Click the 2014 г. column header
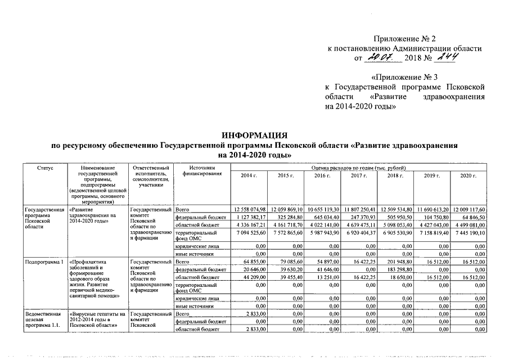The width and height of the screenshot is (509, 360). pyautogui.click(x=249, y=176)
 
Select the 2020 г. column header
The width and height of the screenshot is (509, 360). pyautogui.click(x=468, y=176)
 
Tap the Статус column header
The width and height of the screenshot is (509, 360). pyautogui.click(x=44, y=168)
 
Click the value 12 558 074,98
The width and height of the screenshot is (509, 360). pyautogui.click(x=248, y=209)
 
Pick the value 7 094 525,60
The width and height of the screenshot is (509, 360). pyautogui.click(x=248, y=232)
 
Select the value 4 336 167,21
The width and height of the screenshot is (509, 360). pyautogui.click(x=248, y=224)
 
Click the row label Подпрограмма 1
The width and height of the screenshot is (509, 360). pyautogui.click(x=41, y=262)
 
